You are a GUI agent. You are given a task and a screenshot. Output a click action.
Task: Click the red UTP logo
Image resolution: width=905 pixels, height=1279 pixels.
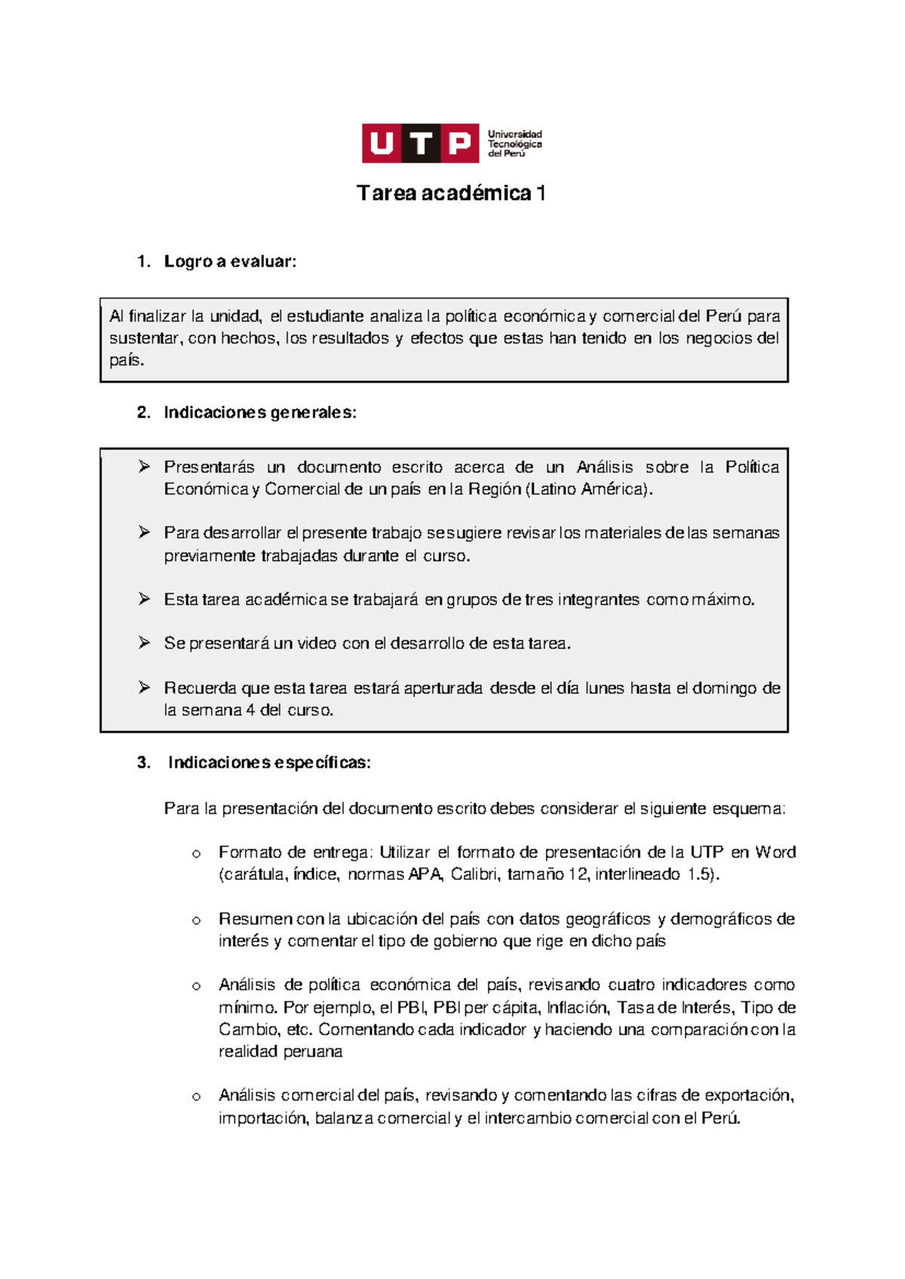[x=420, y=143]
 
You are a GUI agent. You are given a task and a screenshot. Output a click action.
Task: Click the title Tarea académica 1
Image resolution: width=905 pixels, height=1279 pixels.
[x=451, y=194]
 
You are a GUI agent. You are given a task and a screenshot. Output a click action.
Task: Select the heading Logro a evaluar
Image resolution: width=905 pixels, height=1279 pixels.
[x=230, y=262]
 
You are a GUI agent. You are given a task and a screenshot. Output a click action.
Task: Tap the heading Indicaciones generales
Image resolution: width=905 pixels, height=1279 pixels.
[x=259, y=413]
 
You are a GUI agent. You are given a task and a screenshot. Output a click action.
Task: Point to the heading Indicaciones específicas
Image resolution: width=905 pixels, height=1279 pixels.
[x=269, y=762]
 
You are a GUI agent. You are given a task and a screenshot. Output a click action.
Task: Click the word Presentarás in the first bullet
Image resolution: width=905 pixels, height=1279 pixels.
[x=209, y=467]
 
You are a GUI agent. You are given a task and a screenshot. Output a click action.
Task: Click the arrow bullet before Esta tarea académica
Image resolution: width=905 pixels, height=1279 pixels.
[x=144, y=599]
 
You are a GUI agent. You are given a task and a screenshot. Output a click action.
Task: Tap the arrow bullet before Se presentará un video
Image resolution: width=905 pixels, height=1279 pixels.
[x=144, y=643]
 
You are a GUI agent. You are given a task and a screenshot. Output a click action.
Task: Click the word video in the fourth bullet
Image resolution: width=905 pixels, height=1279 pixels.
[x=316, y=643]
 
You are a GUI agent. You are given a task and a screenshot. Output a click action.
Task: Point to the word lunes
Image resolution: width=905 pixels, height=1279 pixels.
[x=604, y=688]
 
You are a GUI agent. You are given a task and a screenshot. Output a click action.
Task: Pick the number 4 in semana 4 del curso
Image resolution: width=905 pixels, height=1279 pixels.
[x=250, y=710]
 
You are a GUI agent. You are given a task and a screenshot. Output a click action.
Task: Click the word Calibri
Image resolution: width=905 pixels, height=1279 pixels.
[x=474, y=875]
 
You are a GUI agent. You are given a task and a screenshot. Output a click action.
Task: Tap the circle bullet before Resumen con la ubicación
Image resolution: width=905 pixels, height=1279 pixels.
[x=196, y=920]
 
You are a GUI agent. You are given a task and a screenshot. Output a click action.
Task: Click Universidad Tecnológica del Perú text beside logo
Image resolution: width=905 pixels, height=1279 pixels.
[x=514, y=143]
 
